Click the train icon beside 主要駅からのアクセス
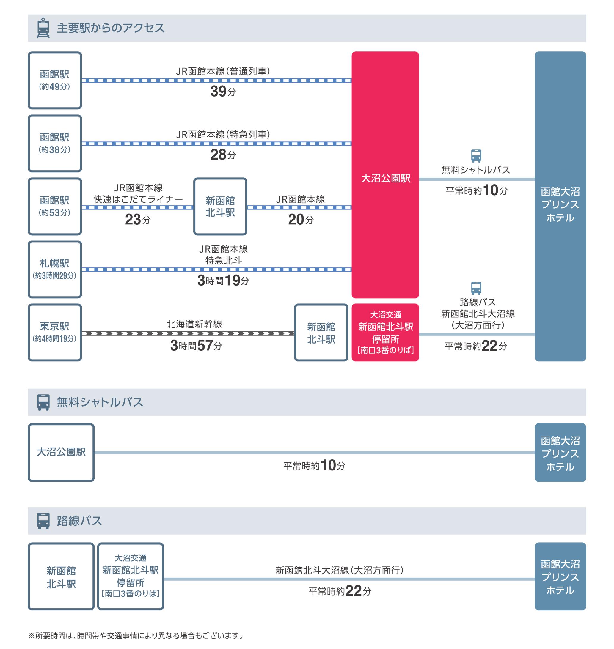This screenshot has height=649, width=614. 43,28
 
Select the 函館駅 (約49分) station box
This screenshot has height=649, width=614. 55,80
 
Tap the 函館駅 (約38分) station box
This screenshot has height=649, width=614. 55,143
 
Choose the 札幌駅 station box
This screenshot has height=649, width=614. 55,269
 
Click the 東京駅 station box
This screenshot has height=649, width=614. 55,332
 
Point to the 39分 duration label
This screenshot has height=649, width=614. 223,92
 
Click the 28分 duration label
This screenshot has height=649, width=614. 223,155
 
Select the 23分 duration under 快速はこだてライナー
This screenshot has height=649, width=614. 138,220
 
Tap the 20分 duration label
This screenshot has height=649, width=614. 300,220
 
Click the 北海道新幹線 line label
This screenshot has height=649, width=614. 194,324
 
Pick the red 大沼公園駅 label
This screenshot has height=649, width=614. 385,178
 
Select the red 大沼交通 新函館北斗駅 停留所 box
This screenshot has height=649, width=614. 385,332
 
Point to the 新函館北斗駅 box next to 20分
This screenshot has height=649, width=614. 220,207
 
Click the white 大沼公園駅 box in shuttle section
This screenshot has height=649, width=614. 61,452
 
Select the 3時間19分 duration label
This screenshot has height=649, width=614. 223,280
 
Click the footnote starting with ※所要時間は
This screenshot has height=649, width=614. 136,636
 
